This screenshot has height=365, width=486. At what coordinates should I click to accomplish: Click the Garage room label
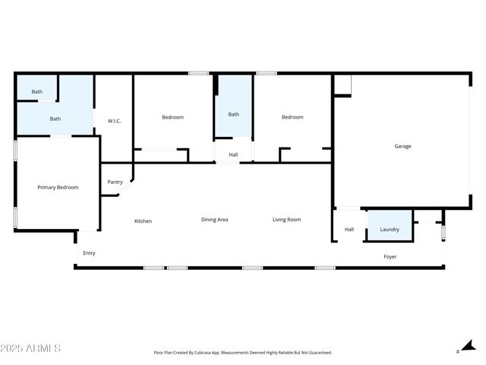(x=402, y=146)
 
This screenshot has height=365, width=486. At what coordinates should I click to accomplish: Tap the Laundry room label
(x=390, y=229)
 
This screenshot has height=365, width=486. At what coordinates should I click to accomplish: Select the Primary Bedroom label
(x=58, y=187)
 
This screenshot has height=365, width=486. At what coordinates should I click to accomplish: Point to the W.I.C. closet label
(x=115, y=121)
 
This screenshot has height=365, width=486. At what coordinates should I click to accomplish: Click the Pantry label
(x=115, y=182)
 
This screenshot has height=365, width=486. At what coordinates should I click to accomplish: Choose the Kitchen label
(x=143, y=221)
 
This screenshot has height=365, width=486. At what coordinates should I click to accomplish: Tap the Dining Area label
(x=214, y=220)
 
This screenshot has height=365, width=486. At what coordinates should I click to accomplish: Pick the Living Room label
(x=287, y=220)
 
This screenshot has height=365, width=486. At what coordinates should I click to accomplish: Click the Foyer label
(x=390, y=257)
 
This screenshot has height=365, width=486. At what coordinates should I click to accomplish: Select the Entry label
(x=89, y=253)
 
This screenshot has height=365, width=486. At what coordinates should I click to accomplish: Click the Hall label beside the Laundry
(x=349, y=229)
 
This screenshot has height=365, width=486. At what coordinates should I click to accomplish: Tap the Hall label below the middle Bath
(x=233, y=155)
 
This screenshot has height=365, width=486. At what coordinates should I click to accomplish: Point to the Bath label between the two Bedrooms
(x=233, y=114)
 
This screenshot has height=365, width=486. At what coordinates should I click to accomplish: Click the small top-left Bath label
(x=36, y=92)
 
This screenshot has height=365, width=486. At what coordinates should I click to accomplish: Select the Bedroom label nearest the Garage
(x=292, y=117)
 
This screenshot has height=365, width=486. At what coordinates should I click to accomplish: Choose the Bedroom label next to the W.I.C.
(x=172, y=117)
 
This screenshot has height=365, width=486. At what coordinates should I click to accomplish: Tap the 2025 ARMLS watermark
(x=31, y=348)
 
